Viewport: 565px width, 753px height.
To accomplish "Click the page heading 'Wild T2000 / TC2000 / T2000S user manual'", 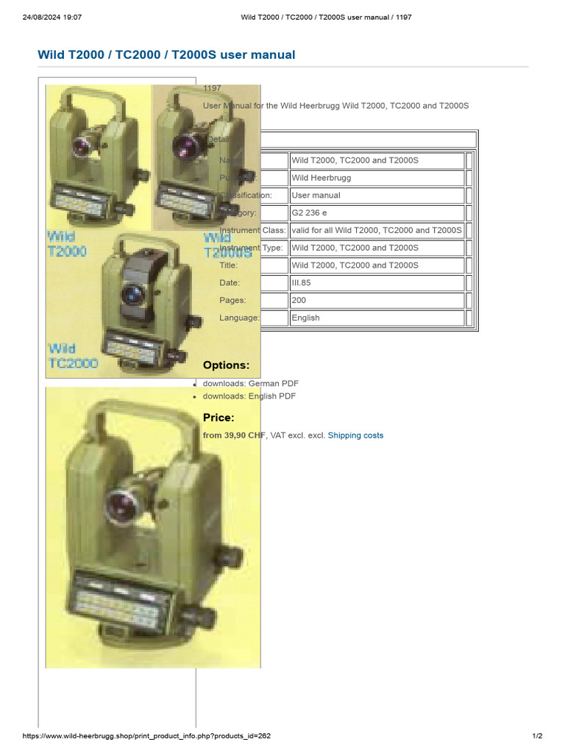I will click(x=166, y=54).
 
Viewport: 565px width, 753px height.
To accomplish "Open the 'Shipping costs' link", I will click(x=355, y=435).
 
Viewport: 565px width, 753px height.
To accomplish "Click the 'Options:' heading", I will click(x=226, y=365).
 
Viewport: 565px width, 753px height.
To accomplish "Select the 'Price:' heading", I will click(x=218, y=418).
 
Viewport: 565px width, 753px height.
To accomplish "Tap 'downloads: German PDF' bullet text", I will click(x=251, y=384).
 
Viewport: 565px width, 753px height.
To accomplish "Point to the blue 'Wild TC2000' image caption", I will click(x=73, y=356).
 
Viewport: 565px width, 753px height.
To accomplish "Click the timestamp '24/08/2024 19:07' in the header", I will click(x=52, y=17).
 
